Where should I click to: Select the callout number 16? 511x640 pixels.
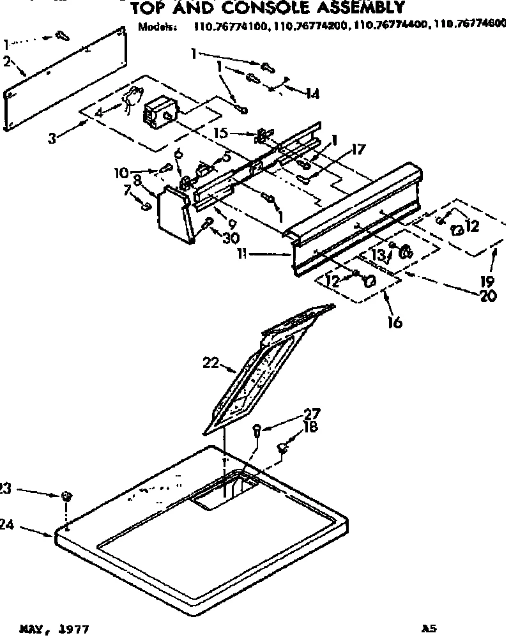[x=394, y=323]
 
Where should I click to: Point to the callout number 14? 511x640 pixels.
[x=312, y=94]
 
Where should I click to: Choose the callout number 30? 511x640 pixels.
[x=229, y=237]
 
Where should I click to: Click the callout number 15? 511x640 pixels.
[x=220, y=135]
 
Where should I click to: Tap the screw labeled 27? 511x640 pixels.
[x=257, y=431]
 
